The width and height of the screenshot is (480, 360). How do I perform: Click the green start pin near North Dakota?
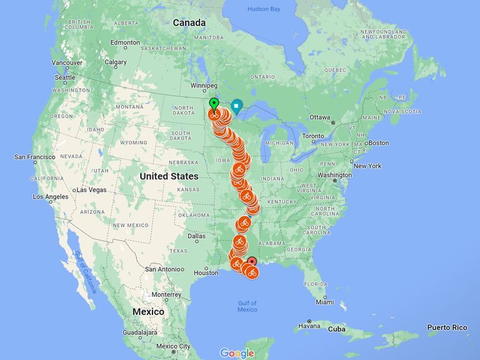tap(214, 103)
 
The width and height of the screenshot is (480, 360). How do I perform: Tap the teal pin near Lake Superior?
tap(236, 107)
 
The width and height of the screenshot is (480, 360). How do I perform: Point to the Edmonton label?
tap(125, 42)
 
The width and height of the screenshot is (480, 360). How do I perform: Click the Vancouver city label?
tap(67, 62)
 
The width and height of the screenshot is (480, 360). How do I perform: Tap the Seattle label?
tap(65, 77)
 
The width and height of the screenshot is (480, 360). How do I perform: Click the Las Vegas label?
tap(91, 189)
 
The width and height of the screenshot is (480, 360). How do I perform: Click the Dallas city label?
tap(196, 236)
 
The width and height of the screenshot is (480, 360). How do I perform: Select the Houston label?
tap(206, 272)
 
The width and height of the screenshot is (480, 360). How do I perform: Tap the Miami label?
tap(324, 302)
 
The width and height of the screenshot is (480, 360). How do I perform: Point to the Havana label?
tap(309, 326)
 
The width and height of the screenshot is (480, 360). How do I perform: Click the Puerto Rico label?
tap(447, 327)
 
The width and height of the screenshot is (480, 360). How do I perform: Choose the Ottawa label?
tap(320, 117)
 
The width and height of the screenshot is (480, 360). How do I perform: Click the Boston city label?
tap(379, 142)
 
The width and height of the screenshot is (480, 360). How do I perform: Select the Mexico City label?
tap(173, 346)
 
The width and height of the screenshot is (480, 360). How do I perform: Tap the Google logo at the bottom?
tap(237, 353)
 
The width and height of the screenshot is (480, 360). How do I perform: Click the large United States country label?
tap(169, 176)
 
